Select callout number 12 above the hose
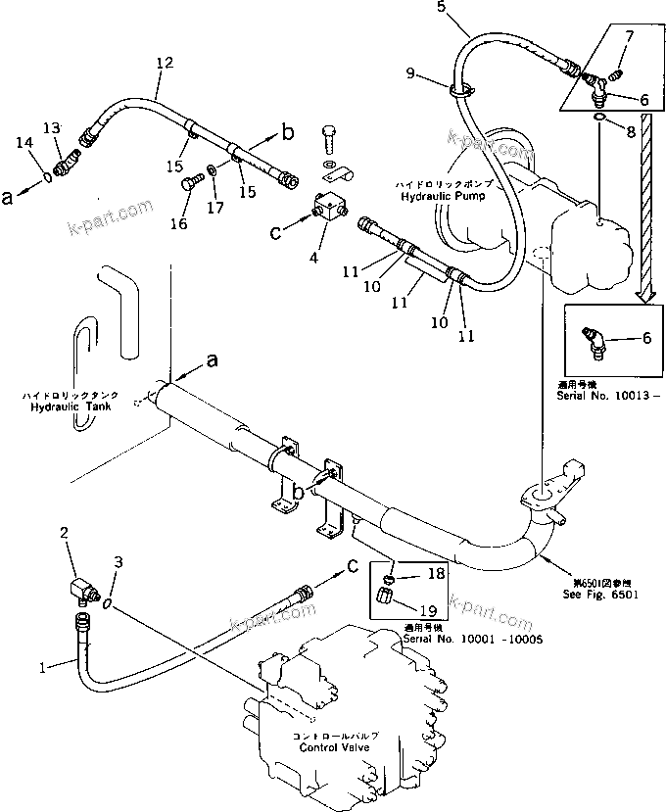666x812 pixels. pos(164,63)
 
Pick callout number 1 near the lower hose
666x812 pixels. pos(41,668)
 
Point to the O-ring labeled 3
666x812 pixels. pos(107,605)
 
